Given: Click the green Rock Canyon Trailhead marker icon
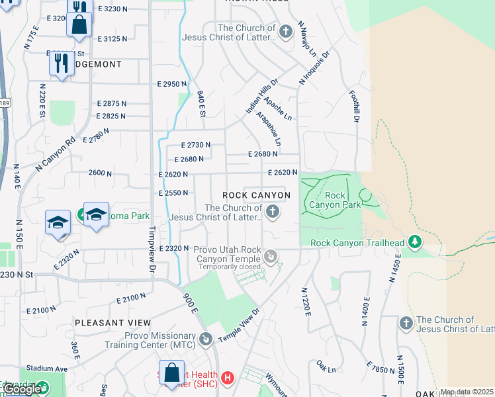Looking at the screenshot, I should coord(415,242).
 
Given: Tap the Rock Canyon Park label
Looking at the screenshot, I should coord(343,200).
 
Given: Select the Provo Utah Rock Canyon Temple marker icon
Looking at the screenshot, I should coord(271,256).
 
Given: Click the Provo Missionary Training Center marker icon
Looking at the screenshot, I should coord(206,339).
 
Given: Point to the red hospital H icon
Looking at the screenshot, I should coord(228,378).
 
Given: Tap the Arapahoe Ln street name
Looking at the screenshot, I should coord(273,128).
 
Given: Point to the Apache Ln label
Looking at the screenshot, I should coord(278,108).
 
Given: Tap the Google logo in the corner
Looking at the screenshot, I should coord(21,390).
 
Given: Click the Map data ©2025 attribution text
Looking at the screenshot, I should coord(467,392).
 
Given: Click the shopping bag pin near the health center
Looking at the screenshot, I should coord(171,373).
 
